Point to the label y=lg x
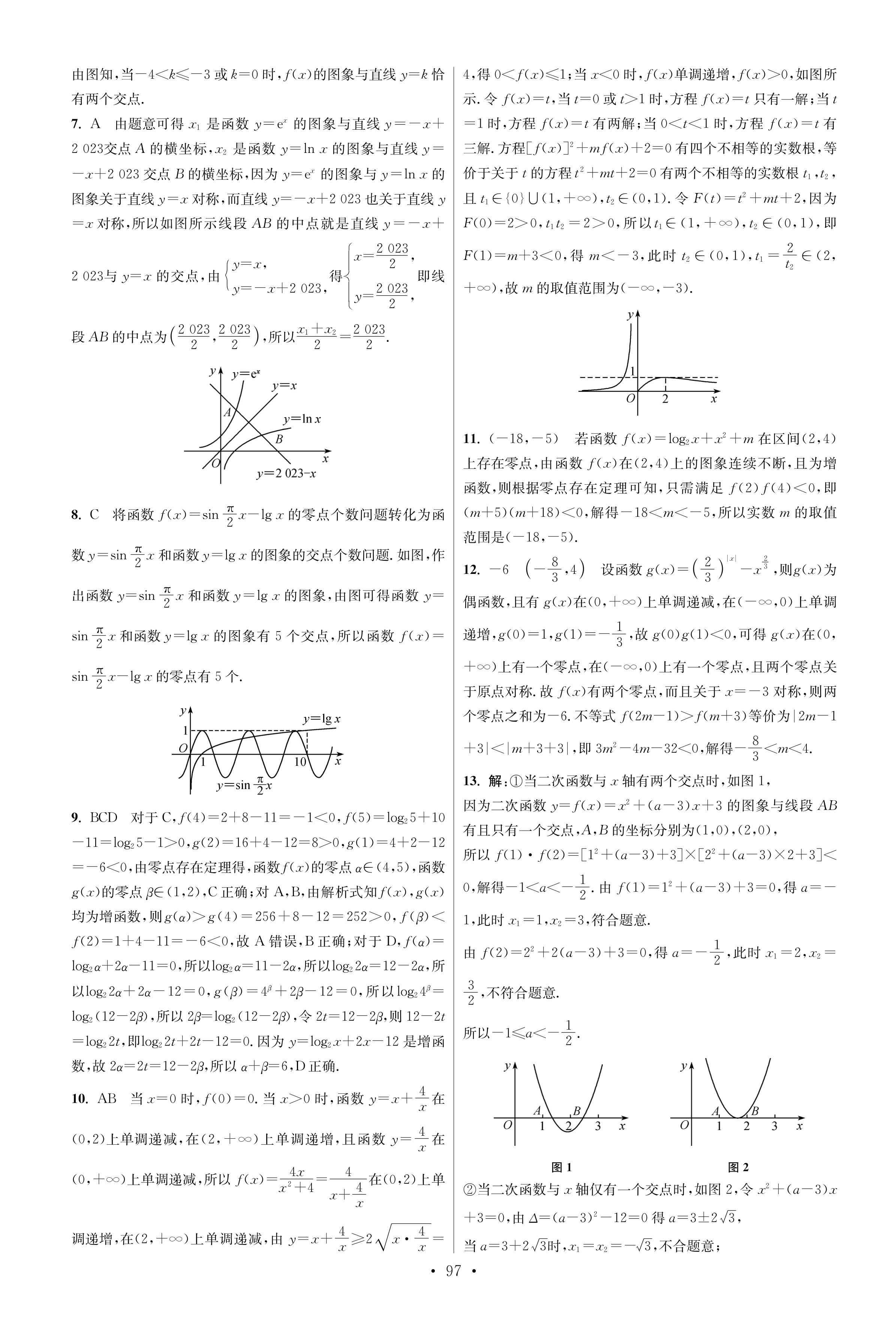click(x=321, y=719)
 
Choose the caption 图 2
click(x=738, y=1166)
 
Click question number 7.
click(x=77, y=124)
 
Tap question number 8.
click(x=77, y=515)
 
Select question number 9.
click(x=77, y=817)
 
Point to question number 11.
click(x=471, y=439)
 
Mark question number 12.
click(x=472, y=569)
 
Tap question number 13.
click(x=472, y=781)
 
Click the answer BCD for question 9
click(x=103, y=817)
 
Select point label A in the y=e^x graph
click(x=227, y=412)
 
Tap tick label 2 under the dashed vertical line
click(x=665, y=399)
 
